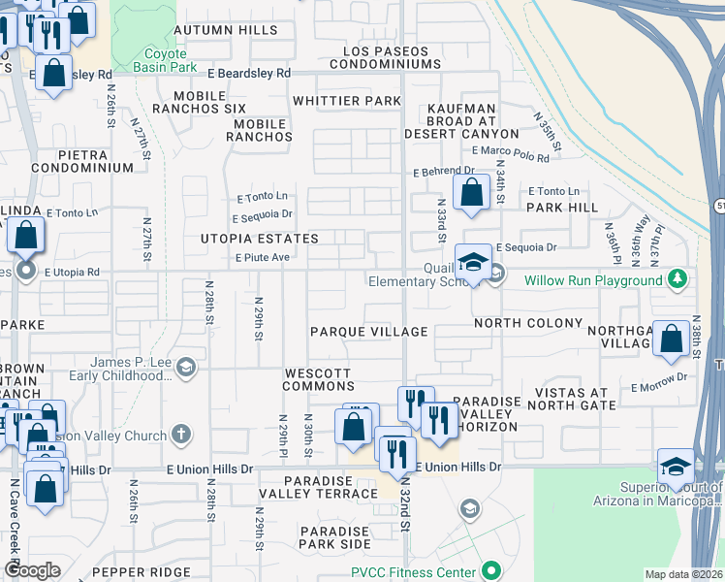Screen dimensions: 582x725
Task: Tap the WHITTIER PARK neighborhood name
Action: coord(346,101)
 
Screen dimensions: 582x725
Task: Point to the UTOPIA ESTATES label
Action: coord(259,239)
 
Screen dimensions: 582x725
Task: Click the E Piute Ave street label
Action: coord(263,257)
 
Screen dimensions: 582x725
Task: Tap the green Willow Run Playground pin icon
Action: coord(678,280)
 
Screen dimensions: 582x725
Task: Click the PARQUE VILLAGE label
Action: coord(368,332)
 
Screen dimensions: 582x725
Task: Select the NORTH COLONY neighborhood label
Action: coord(527,323)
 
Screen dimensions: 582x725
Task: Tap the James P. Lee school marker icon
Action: coord(186,367)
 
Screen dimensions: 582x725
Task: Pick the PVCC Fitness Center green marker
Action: coord(491,570)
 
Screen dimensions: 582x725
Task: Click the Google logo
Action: coord(32,570)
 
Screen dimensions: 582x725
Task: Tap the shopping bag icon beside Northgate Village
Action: coord(671,339)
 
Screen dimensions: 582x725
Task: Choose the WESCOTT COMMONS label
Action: coord(319,379)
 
